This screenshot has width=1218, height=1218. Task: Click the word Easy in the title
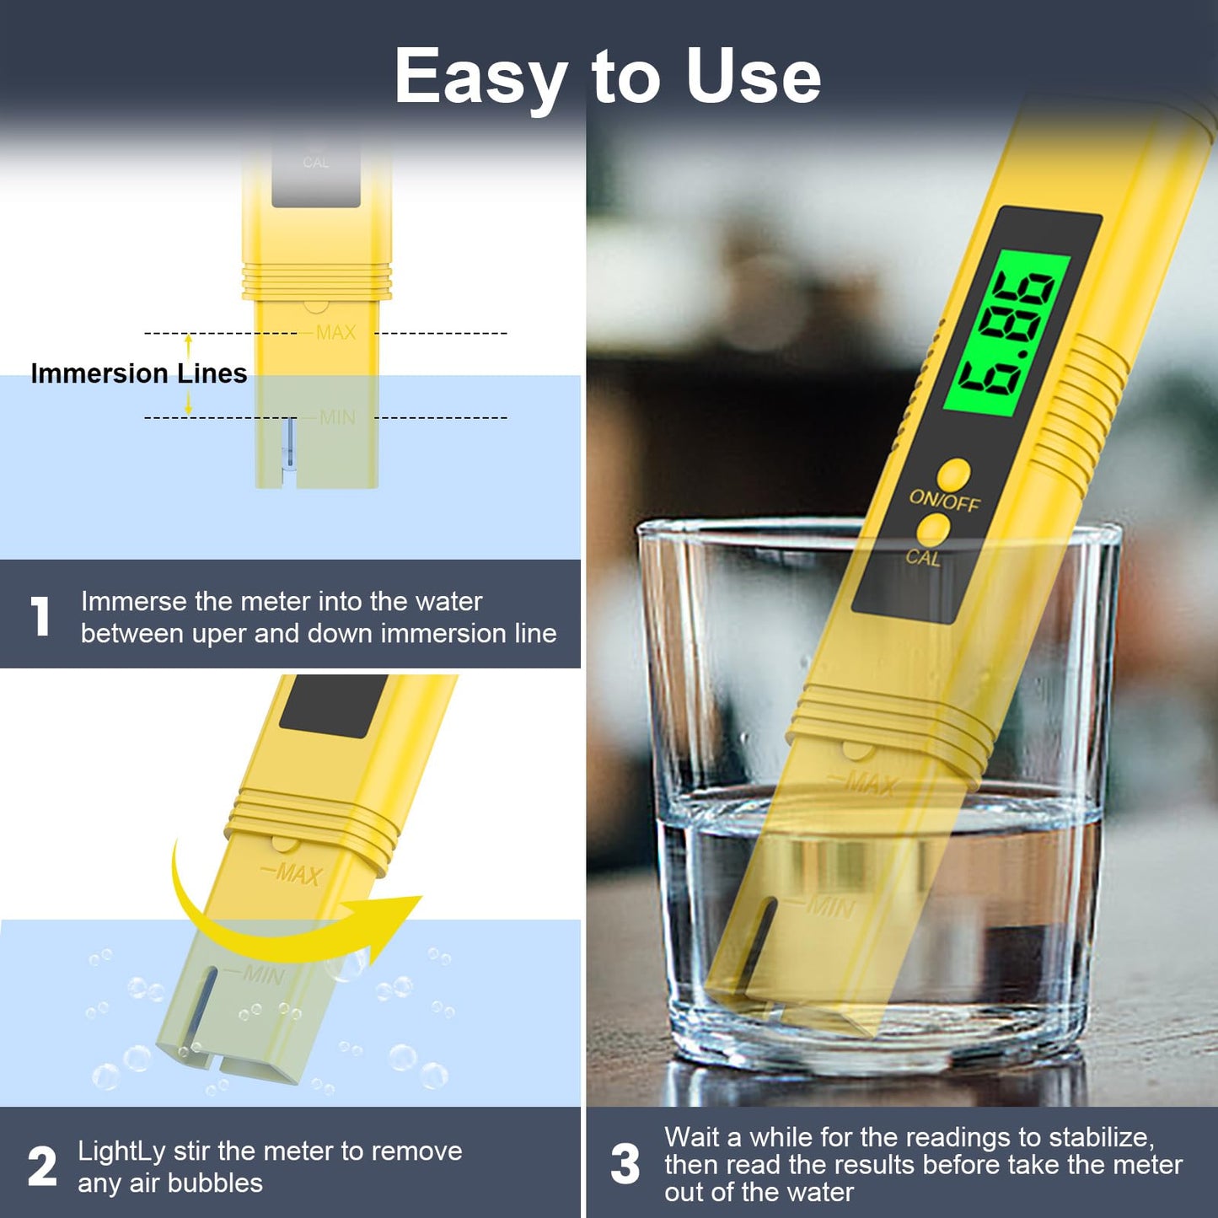tap(480, 78)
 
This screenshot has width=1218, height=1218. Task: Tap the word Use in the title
tap(753, 78)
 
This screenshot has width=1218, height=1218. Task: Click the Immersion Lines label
tap(139, 373)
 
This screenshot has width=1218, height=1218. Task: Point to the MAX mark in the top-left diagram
tap(335, 333)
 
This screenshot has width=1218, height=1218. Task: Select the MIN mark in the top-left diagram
tap(337, 417)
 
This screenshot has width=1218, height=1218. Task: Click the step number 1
tap(40, 616)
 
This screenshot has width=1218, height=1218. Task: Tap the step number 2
tap(42, 1167)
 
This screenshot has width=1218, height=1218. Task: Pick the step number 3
tap(625, 1164)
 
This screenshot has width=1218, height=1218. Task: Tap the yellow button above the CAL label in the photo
tap(933, 531)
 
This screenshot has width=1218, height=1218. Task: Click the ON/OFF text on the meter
tap(944, 501)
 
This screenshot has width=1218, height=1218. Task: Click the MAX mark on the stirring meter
tap(297, 874)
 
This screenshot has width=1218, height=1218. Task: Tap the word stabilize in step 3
tap(1099, 1137)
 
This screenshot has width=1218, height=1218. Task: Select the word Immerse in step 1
tap(134, 601)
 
